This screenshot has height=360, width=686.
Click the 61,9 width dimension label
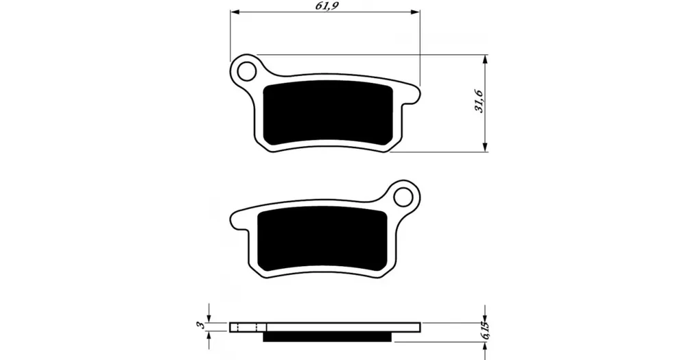(x=327, y=5)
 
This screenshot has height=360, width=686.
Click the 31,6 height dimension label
(x=479, y=101)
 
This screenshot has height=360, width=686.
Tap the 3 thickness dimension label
(x=200, y=324)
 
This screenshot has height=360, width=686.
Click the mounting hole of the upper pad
(x=247, y=71)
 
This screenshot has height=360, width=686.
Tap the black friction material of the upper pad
(x=328, y=113)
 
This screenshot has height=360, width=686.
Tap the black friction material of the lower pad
(x=322, y=240)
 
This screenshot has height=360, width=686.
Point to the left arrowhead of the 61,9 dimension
(x=235, y=12)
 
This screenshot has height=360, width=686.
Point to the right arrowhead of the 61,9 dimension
(x=416, y=12)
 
